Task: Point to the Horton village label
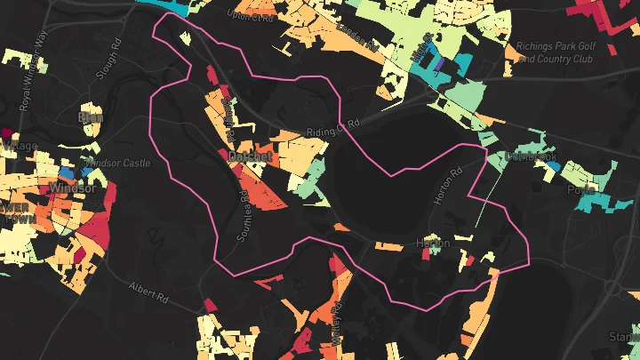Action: [433, 243]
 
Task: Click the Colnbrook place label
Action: [531, 156]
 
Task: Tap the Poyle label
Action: [581, 189]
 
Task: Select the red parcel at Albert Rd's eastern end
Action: [211, 305]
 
